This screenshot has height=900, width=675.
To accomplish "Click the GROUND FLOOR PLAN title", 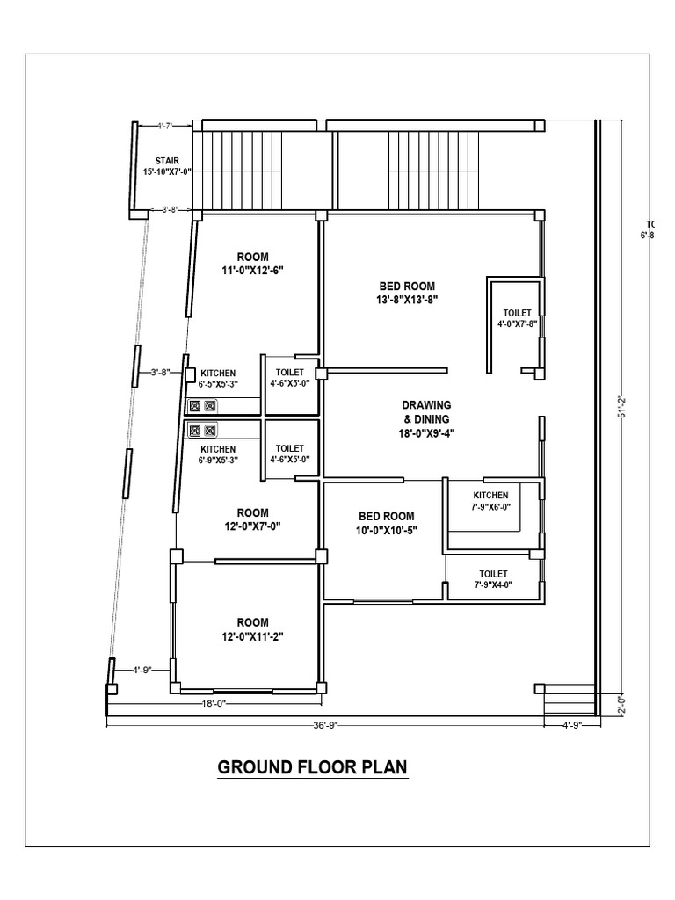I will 312,767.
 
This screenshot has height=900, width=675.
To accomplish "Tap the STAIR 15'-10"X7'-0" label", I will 166,166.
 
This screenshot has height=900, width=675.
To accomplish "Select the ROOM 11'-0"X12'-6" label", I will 252,264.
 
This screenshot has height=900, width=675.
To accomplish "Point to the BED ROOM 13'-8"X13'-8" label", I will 407,293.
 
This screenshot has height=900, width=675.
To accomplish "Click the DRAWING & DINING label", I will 426,418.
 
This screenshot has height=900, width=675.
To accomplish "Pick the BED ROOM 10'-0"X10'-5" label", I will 387,523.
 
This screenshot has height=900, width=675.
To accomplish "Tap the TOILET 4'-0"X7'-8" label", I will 517,318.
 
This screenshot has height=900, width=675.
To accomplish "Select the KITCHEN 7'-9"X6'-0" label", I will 491,500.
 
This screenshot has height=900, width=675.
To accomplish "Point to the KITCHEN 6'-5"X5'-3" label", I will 217,379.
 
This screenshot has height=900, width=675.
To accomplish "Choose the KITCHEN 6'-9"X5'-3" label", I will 217,454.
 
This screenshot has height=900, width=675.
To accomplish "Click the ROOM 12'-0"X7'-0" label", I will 252,519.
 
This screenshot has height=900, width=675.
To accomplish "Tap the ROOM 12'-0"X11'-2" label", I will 252,629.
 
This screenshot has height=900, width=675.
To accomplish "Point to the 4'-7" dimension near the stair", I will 165,127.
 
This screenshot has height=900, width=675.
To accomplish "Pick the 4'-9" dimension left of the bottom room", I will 141,670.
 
